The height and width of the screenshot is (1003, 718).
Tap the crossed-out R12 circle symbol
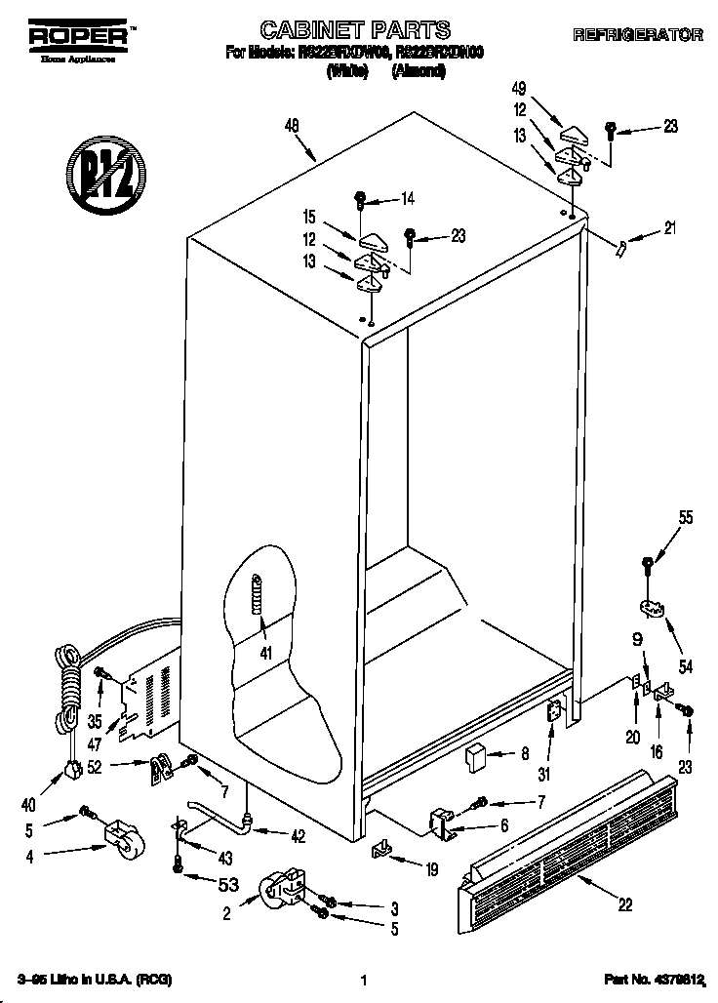point(101,177)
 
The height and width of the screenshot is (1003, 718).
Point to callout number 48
point(291,124)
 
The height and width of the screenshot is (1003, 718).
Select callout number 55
point(686,518)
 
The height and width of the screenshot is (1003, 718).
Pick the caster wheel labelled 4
point(120,837)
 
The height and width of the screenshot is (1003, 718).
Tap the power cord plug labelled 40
point(71,771)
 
